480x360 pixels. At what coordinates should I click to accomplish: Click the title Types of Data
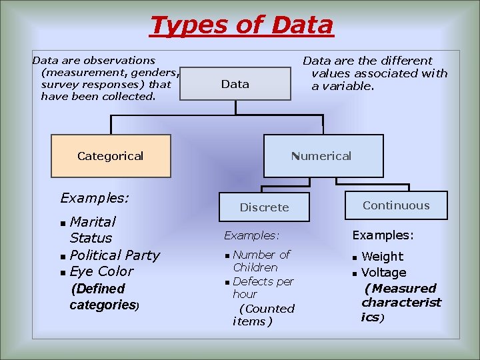point(241,25)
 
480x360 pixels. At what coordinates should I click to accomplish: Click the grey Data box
point(235,84)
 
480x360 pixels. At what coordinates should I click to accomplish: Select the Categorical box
point(111,156)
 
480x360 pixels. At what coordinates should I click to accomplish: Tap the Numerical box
point(323,156)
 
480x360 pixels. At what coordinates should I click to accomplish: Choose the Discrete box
point(265,207)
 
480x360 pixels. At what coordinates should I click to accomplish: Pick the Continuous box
point(396,205)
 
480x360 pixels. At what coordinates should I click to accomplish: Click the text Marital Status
point(92,229)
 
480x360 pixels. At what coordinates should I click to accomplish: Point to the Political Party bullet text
point(115,255)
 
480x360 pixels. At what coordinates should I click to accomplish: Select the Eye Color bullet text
point(101,271)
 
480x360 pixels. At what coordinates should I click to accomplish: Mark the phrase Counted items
point(263,315)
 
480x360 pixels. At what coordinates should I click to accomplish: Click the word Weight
point(382,257)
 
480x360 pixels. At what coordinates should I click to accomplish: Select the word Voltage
point(383,273)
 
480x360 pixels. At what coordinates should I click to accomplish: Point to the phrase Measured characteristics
point(401,303)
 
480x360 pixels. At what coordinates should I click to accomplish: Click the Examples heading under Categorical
point(94,198)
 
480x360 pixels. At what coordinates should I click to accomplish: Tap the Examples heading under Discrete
point(251,235)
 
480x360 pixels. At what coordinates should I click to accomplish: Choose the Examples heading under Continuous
point(383,235)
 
